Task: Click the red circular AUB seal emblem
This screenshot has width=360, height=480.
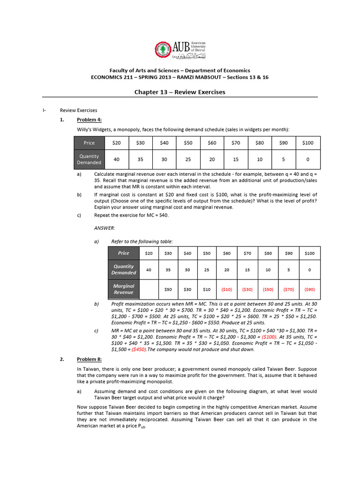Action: click(163, 50)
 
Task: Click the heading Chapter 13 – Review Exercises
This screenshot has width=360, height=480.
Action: click(180, 92)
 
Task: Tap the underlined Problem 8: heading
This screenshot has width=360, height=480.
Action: click(89, 360)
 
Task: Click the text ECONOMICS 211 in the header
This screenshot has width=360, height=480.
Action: click(111, 77)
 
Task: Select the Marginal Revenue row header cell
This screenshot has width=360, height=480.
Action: click(123, 289)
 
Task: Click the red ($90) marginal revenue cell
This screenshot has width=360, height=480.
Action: click(309, 290)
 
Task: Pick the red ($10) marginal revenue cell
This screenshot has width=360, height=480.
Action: click(227, 290)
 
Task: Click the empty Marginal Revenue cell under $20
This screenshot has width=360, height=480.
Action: click(149, 290)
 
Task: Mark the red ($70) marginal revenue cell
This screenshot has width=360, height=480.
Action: click(289, 290)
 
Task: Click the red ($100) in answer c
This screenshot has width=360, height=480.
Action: click(269, 337)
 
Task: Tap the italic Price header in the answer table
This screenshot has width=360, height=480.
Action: click(123, 253)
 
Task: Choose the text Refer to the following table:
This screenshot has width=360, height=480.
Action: click(142, 241)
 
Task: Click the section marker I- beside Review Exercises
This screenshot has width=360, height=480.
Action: click(44, 111)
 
